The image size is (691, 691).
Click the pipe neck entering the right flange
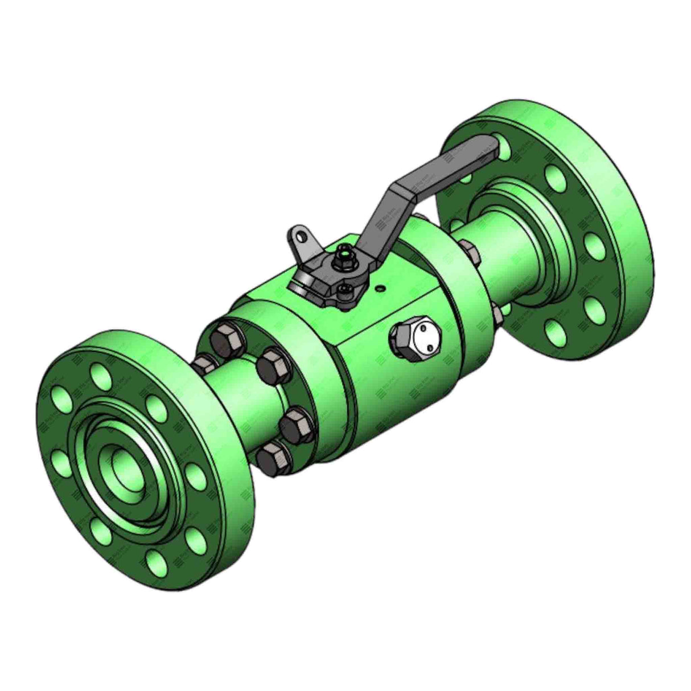click(x=501, y=250)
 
